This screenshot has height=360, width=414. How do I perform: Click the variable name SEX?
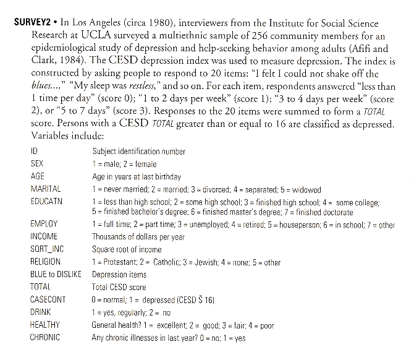36,164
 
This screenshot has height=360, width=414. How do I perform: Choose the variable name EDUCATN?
46,201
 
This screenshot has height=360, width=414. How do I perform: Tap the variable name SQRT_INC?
46,249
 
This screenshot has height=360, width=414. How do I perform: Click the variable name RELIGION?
46,262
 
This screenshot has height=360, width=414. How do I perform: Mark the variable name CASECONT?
48,300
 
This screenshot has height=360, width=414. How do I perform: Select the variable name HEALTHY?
45,325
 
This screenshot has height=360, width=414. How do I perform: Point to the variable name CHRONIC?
45,337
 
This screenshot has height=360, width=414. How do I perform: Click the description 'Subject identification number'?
139,152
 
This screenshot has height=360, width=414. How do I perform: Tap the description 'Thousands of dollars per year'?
138,237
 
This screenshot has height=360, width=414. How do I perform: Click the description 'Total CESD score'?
119,287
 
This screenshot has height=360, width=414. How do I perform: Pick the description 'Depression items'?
119,274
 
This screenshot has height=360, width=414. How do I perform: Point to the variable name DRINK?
41,312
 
